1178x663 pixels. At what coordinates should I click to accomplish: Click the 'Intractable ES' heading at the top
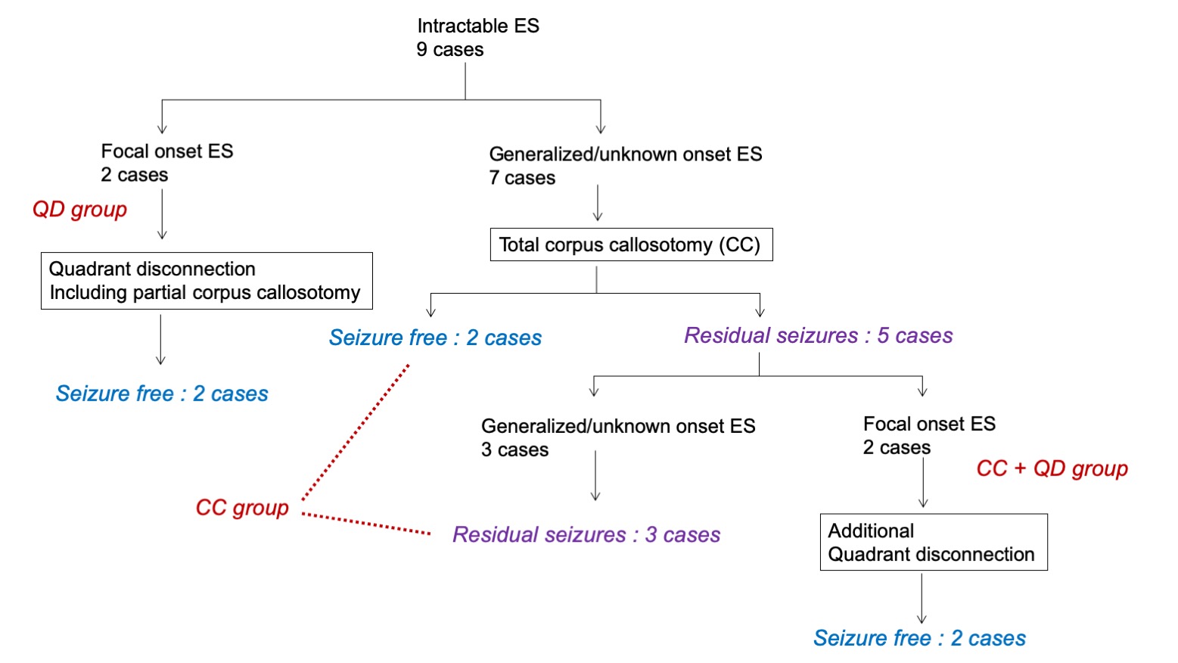[478, 26]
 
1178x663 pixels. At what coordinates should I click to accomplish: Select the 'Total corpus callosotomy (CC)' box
[631, 244]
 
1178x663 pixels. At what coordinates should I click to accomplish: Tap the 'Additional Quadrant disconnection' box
[933, 542]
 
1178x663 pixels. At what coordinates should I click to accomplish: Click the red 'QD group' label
[79, 210]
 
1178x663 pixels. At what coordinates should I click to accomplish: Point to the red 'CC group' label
[242, 507]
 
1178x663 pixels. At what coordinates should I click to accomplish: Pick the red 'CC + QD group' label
[1052, 468]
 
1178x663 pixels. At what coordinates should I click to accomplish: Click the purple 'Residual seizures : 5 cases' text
[818, 335]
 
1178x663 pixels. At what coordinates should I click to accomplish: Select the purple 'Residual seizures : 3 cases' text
[586, 534]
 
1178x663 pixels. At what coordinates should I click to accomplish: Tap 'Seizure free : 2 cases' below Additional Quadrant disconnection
[919, 638]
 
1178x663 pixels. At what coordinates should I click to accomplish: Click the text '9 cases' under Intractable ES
[450, 50]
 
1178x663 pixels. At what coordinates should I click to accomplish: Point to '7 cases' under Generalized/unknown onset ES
[522, 178]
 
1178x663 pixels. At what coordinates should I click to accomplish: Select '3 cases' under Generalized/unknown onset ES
[514, 450]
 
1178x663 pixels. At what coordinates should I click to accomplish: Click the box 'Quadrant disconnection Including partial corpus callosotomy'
[206, 281]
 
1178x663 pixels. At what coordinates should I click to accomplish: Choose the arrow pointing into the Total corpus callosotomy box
[598, 203]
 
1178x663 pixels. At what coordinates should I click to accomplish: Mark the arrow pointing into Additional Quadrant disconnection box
[923, 483]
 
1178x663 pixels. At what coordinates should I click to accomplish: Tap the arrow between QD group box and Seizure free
[160, 340]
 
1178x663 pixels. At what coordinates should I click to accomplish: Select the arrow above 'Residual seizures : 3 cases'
[595, 475]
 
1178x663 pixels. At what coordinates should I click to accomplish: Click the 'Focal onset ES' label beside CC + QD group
[929, 424]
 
